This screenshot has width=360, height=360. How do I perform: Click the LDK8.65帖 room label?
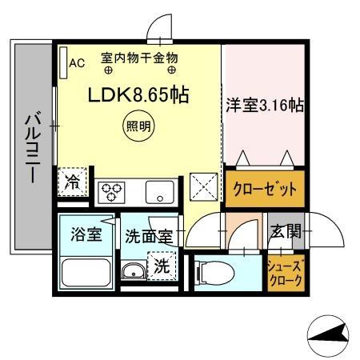click(138, 95)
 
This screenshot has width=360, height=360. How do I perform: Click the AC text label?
click(77, 63)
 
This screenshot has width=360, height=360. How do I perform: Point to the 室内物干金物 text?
click(138, 58)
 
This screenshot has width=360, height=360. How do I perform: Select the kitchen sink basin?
click(163, 192)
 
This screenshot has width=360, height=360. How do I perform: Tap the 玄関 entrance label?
click(285, 234)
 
